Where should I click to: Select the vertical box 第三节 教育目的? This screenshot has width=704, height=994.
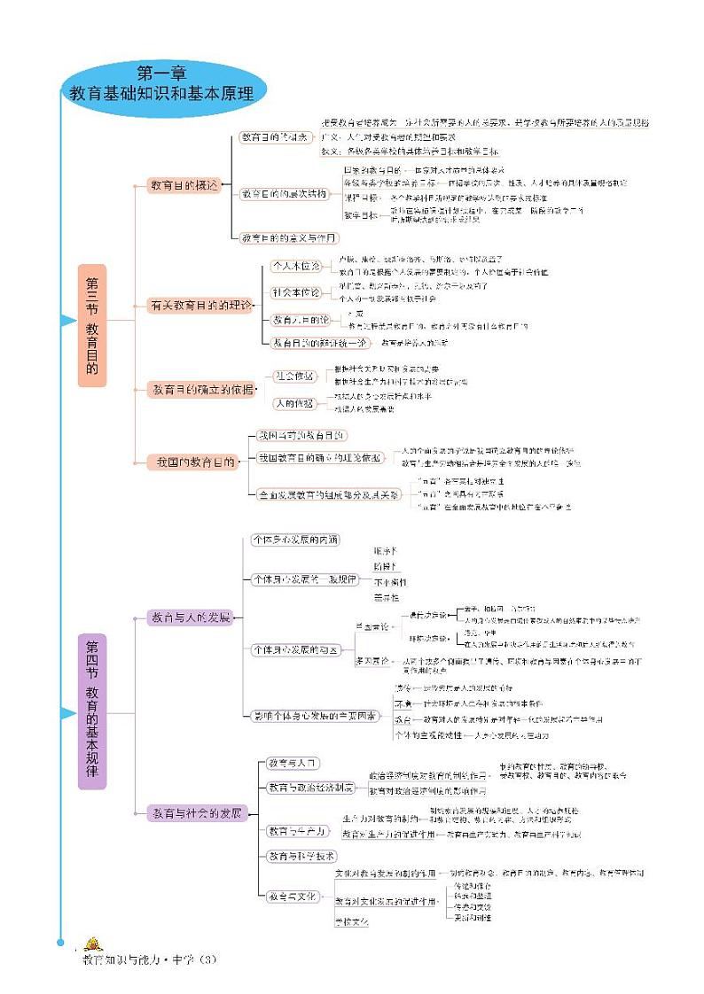coord(91,325)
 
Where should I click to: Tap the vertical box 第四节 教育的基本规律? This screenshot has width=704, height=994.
coord(91,711)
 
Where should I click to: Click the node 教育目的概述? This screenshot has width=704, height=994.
coord(183,185)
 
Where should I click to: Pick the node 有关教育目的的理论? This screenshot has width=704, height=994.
coord(199,306)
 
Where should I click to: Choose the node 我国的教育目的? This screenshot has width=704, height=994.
coord(193,462)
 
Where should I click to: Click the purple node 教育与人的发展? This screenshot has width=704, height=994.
coord(190,617)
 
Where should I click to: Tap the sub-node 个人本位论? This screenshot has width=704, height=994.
coord(295,265)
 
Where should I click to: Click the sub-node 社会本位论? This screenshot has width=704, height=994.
coord(295,292)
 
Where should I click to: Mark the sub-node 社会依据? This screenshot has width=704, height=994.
coord(293,376)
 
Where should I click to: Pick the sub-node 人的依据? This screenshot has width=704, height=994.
coord(293,403)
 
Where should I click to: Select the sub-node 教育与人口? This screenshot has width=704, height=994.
coord(287,763)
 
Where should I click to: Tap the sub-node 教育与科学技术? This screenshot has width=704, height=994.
coord(301,856)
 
